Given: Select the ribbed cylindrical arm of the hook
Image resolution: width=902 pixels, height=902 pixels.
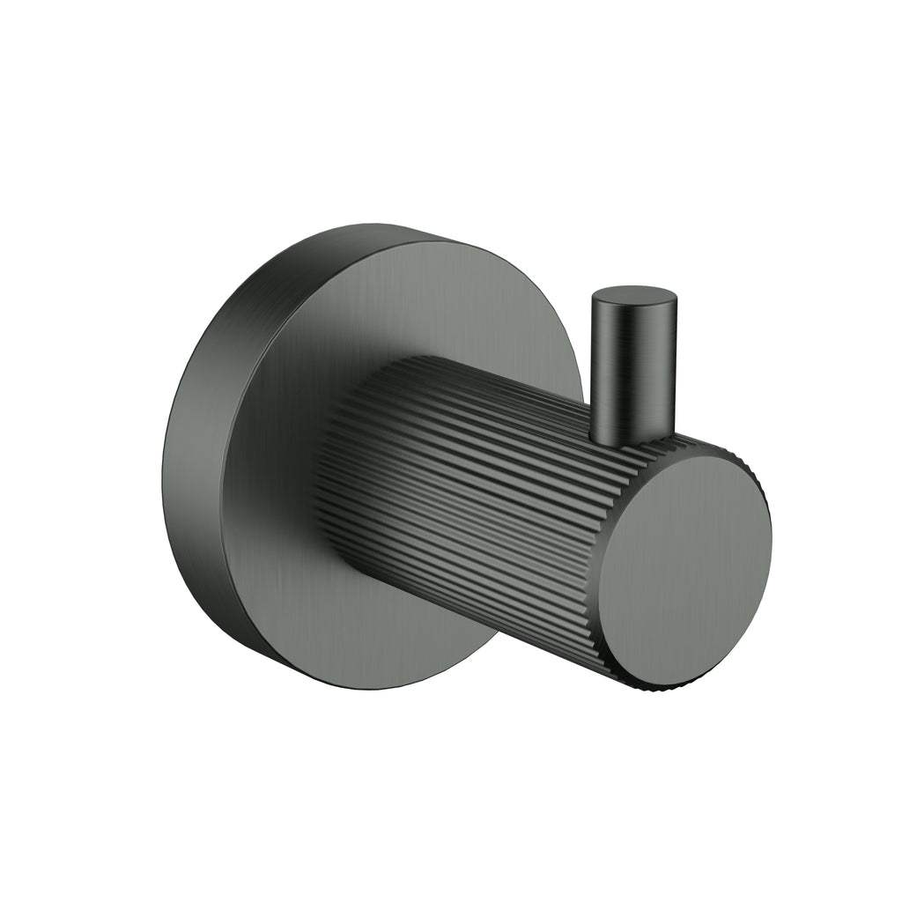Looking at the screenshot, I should click(476, 493).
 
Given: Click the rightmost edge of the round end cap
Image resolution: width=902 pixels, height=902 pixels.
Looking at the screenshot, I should click(771, 546).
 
